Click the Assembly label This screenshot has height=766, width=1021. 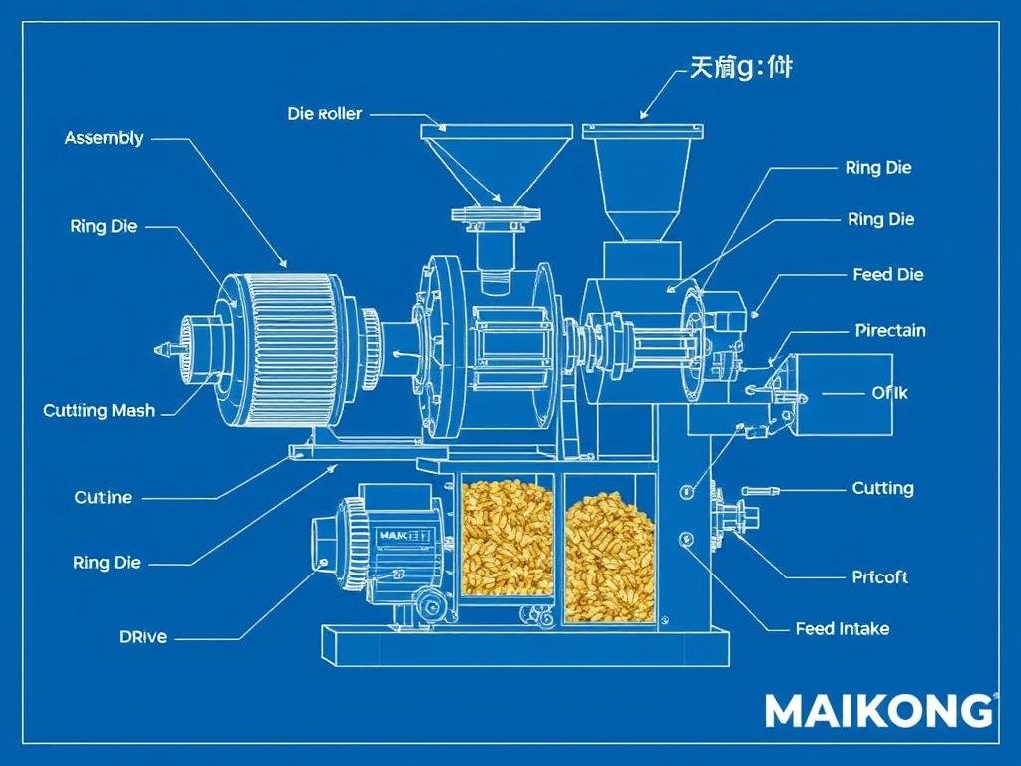click(x=104, y=138)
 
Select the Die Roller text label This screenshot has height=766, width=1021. click(x=325, y=114)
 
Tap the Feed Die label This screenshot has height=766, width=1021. click(x=888, y=274)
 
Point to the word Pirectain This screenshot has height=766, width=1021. click(x=890, y=330)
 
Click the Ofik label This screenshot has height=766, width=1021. click(x=889, y=393)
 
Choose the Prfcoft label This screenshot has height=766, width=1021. click(x=880, y=576)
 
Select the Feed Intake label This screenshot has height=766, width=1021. click(x=843, y=629)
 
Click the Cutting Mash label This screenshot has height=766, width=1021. click(x=99, y=410)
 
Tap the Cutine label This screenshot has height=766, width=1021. click(x=103, y=497)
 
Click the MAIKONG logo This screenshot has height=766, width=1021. click(x=878, y=711)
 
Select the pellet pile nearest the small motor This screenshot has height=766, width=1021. click(x=508, y=539)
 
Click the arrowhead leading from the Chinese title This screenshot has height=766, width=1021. click(x=645, y=113)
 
